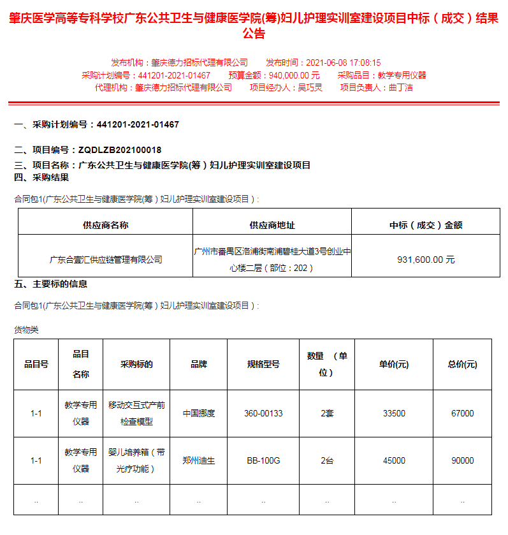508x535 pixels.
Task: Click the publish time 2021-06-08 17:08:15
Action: tap(343, 62)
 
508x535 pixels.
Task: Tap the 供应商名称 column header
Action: tap(106, 225)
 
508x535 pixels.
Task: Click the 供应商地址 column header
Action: tap(272, 225)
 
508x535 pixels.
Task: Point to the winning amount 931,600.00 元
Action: tap(426, 260)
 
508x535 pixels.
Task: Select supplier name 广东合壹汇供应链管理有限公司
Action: tap(106, 260)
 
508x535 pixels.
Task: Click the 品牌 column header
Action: tap(199, 364)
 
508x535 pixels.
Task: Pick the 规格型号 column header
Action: tap(263, 364)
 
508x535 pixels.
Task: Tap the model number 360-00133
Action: tap(263, 413)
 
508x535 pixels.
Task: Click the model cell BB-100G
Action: tap(263, 460)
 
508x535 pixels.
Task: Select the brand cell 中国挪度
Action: tap(199, 413)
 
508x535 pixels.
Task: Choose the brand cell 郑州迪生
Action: tap(199, 460)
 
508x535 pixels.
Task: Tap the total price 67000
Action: tap(462, 413)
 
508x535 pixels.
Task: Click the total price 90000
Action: tap(462, 460)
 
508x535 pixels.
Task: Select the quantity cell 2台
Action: tap(327, 460)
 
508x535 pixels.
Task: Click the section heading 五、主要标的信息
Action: tap(51, 284)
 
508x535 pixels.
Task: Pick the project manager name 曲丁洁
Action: tap(401, 87)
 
